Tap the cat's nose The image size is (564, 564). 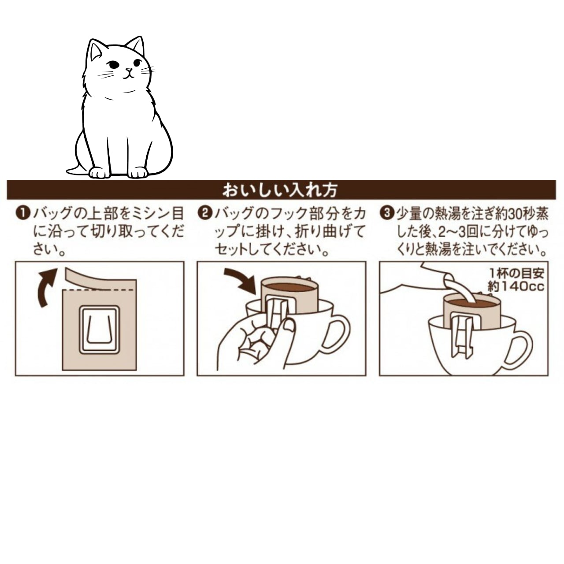(129, 70)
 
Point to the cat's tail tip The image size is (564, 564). (67, 170)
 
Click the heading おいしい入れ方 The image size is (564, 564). (280, 190)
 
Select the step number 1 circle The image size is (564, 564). (23, 213)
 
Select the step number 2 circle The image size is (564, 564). (205, 213)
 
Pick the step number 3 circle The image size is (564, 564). (387, 213)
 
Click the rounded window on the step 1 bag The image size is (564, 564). (100, 329)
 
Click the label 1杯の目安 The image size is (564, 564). (517, 273)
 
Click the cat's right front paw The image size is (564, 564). (100, 173)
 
